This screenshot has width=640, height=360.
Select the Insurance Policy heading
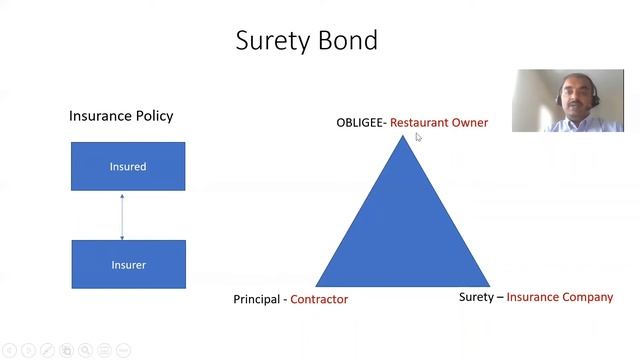[121, 116]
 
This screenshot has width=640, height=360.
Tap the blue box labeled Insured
[128, 166]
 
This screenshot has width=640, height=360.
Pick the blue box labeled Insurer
[128, 264]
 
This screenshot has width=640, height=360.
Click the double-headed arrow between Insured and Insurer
[122, 215]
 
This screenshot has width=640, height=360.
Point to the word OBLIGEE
[358, 123]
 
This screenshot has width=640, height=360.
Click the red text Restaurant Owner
[439, 123]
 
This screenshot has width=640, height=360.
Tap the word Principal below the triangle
[257, 299]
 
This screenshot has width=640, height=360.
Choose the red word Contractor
[319, 299]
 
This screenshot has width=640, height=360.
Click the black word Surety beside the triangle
[476, 297]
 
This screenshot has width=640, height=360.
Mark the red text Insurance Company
[560, 297]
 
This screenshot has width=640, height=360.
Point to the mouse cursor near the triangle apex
[418, 137]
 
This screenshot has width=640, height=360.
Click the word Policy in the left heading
[154, 116]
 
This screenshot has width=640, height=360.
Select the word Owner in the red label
[468, 123]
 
